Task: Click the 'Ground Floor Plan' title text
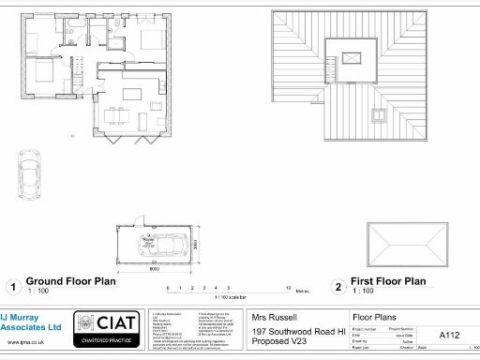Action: point(69,280)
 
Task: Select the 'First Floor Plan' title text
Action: point(387,280)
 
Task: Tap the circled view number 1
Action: point(12,287)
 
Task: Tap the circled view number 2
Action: point(337,287)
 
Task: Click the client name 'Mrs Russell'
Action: point(274,317)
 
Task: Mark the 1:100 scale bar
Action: point(230,290)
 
